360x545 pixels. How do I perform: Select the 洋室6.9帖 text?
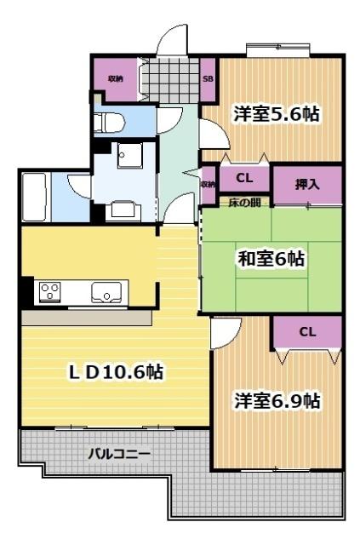coord(278,400)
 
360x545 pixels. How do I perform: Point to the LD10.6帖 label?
coord(116,372)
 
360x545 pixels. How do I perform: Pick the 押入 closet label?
coord(307,185)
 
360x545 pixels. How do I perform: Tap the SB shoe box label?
coord(208,79)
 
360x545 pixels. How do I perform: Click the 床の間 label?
coord(245,202)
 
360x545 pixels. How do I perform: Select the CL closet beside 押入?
coord(244,179)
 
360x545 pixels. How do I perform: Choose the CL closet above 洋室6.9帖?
coord(307,332)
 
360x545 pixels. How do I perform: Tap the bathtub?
coord(34,196)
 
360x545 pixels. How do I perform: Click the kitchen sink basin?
coord(107,292)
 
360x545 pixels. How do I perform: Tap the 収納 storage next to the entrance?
coord(114,78)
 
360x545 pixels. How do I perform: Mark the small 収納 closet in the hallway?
coord(208,183)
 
